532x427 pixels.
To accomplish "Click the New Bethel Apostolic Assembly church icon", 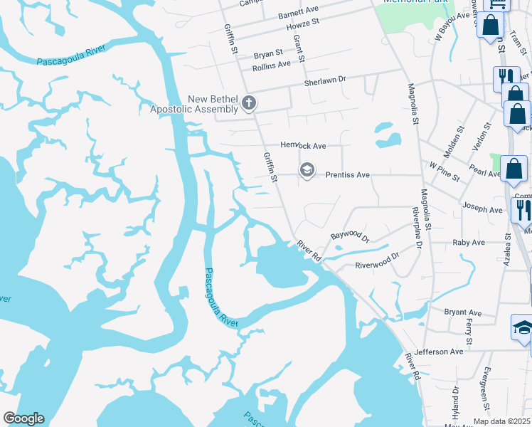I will pos(249,104).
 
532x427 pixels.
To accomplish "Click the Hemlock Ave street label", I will pos(303,145).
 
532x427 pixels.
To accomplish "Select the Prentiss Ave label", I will pos(348,174).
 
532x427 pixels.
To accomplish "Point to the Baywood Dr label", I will pos(350,234).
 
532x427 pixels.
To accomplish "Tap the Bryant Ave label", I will pos(463,312).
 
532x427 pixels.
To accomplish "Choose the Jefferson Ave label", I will pos(439,352).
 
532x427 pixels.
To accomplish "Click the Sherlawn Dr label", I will pos(324,81).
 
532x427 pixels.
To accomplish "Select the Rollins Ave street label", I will pos(272,64).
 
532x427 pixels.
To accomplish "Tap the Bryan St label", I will pos(268,53).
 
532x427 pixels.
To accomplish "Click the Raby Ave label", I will pos(468,242).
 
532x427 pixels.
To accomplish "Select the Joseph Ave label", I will pos(483,209).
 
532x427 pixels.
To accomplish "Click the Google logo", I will pos(23,418).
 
